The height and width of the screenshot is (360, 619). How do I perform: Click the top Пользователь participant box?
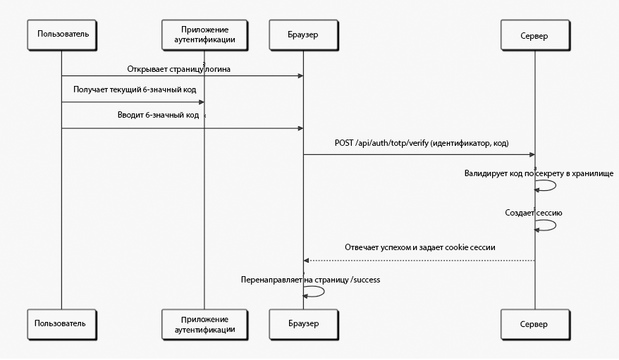[62, 35]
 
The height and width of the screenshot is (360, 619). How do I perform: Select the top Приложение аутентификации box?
[204, 35]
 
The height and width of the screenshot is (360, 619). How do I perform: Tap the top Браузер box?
[304, 35]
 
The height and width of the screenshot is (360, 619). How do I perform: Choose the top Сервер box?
[535, 35]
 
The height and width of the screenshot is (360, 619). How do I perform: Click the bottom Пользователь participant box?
[62, 325]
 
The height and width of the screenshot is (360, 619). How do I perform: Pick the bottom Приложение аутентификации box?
[204, 325]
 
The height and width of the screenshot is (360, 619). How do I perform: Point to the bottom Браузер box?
[304, 325]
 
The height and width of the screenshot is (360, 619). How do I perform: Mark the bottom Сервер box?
[535, 325]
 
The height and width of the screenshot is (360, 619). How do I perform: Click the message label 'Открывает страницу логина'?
[179, 70]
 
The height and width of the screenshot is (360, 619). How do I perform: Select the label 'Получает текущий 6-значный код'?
[135, 90]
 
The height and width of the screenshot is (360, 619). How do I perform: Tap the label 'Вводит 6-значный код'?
[159, 115]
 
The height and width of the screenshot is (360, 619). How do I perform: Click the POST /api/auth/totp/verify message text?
[422, 143]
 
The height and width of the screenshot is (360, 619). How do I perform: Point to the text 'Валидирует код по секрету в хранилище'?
[539, 173]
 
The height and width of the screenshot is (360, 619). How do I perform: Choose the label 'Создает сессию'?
[534, 213]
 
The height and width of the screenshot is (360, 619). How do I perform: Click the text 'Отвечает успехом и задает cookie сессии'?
[420, 247]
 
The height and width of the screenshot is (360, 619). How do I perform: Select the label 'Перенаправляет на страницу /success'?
[311, 280]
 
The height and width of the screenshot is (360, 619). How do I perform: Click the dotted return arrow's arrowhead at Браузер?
[306, 261]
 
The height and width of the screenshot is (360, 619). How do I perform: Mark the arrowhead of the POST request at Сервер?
[532, 154]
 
